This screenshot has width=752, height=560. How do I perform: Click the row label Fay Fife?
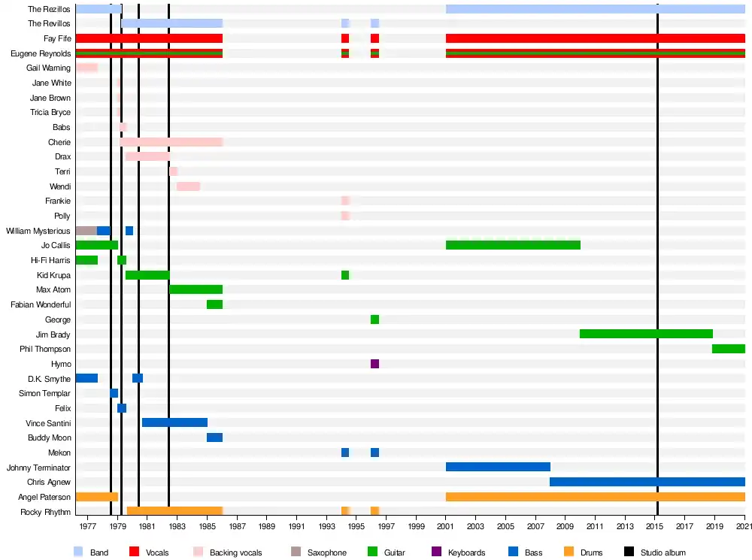57,38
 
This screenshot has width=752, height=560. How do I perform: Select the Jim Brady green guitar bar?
646,334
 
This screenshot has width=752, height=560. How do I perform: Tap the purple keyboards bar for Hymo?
374,364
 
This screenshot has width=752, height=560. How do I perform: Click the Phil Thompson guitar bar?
728,349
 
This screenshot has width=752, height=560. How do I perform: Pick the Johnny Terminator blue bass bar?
497,467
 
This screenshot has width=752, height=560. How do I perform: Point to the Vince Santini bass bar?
174,422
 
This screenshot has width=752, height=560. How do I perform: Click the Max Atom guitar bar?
196,289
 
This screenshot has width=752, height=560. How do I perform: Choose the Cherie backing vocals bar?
171,142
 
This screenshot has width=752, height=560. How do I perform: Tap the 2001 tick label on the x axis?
446,526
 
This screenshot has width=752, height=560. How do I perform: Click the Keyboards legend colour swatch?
437,552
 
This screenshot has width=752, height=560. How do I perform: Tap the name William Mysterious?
38,231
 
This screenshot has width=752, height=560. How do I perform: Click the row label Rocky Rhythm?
50,512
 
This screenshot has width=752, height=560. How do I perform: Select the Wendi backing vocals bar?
188,186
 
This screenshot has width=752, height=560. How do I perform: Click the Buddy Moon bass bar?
214,437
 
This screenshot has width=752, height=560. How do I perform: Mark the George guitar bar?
374,319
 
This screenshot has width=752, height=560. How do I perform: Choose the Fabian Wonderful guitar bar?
214,304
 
